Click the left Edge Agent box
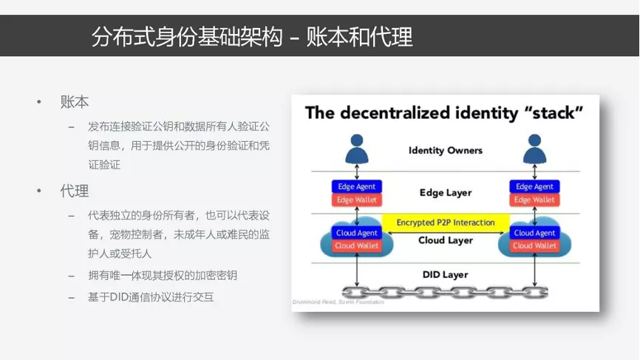357,186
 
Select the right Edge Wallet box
534,200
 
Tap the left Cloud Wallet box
357,245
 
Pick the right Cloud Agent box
534,233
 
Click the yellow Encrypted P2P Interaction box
446,223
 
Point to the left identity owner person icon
357,149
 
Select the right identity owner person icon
534,149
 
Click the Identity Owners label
446,151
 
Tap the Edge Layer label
446,193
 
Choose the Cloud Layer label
446,240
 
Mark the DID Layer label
446,275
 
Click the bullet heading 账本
75,101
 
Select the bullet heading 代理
75,191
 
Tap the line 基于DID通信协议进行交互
151,296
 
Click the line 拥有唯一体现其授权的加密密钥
163,275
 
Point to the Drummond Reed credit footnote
338,302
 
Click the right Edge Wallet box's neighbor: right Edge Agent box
534,186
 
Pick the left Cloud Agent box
357,233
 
